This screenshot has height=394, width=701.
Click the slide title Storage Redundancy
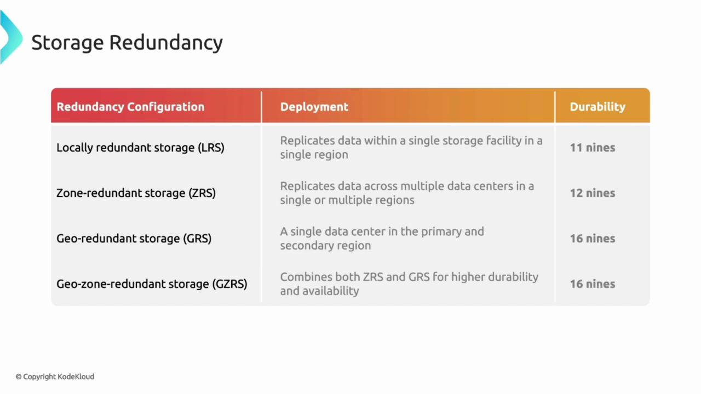pos(127,43)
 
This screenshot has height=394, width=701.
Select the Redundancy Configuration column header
pos(130,107)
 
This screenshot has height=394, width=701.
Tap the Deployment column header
pos(314,107)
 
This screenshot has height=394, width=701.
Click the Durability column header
pos(597,107)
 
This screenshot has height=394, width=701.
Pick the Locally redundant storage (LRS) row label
pos(140,148)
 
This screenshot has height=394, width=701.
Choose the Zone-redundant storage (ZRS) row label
pos(136,193)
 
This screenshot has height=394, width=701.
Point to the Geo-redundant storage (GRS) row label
pos(134,239)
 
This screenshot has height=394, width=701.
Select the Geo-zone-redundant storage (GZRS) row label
pos(152,284)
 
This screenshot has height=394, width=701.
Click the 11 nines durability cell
pos(592,148)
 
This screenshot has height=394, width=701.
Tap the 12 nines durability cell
pos(592,193)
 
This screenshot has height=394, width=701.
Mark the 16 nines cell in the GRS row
pos(592,239)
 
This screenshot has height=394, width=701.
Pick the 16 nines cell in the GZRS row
pos(592,284)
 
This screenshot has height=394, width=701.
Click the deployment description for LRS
pos(411,148)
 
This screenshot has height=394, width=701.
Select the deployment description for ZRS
pos(406,193)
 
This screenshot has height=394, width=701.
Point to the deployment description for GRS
pos(382,239)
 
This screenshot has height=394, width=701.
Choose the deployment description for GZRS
pos(409,284)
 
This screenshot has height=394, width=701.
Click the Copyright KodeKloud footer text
pos(55,376)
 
